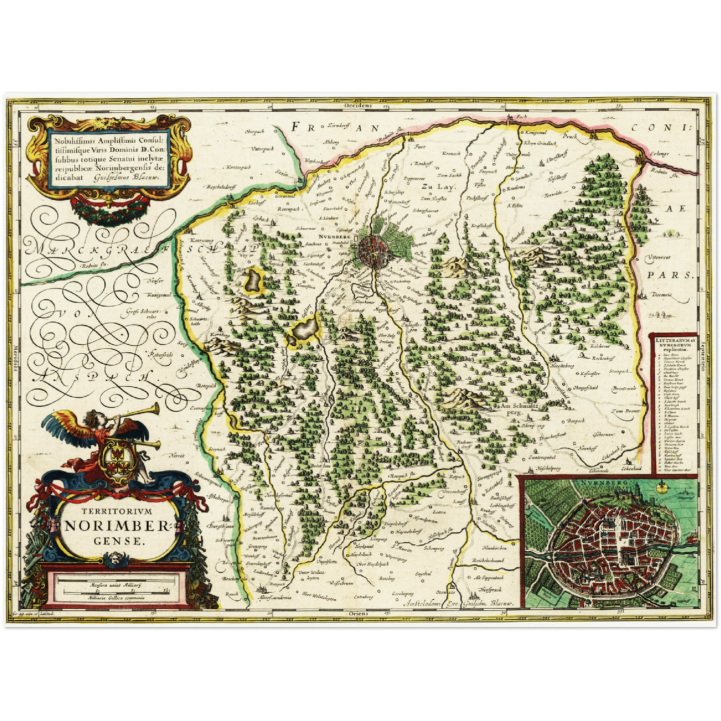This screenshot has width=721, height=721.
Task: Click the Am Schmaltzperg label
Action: pyautogui.click(x=516, y=409)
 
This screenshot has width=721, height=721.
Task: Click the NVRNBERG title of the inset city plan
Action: pyautogui.click(x=598, y=483)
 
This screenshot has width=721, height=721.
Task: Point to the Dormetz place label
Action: pyautogui.click(x=662, y=295)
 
